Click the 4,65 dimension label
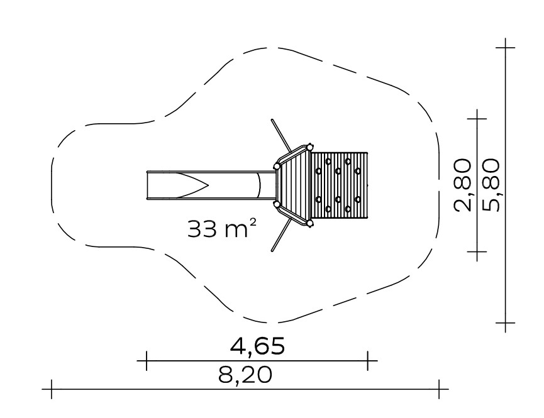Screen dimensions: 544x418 click(257, 346)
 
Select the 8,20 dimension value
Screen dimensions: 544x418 click(245, 375)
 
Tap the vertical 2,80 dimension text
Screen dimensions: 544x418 click(463, 185)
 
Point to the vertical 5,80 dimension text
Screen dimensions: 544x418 click(491, 185)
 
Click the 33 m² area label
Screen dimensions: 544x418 click(223, 228)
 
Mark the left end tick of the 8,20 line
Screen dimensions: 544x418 click(52, 389)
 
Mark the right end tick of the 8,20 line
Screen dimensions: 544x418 click(439, 389)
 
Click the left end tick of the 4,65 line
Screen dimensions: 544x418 click(147, 360)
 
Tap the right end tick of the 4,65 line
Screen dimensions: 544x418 click(368, 360)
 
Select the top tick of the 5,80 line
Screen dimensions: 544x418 click(505, 47)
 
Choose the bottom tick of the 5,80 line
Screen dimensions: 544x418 click(505, 323)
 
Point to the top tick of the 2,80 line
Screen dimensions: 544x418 click(477, 119)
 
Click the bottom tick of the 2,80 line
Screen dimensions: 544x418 click(477, 251)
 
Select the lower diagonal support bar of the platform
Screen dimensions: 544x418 click(281, 234)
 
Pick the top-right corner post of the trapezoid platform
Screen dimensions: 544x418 click(309, 147)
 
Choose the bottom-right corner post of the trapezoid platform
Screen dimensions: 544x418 click(309, 223)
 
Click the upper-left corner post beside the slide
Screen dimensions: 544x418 click(277, 167)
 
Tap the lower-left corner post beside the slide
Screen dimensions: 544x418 click(277, 205)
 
